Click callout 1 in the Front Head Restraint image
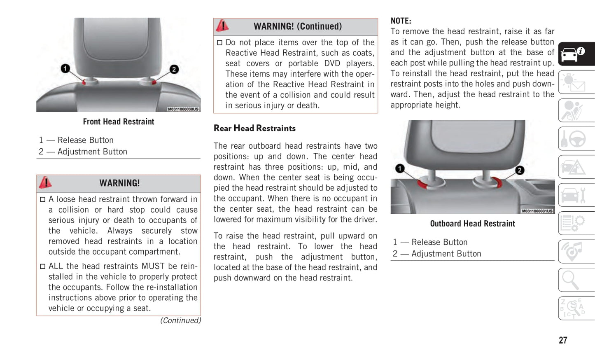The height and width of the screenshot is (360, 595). click(65, 68)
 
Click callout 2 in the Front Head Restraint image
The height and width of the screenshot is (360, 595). click(174, 69)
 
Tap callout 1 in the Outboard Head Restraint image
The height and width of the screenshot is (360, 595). click(399, 168)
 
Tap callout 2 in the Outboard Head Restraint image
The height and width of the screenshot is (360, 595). click(520, 170)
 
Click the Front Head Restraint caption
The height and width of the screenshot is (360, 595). click(119, 122)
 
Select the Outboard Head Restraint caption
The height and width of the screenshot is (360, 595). click(472, 224)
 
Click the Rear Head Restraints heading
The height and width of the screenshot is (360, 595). click(254, 129)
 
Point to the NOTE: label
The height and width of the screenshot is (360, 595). click(401, 21)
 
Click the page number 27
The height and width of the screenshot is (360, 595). click(563, 340)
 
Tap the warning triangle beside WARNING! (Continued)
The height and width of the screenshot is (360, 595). click(222, 26)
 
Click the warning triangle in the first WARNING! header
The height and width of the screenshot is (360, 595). click(45, 182)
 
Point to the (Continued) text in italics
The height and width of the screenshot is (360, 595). click(180, 320)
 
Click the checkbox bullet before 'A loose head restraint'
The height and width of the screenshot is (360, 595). click(43, 200)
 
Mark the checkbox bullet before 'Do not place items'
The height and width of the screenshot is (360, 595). click(220, 43)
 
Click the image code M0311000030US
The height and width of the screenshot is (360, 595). click(183, 109)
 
